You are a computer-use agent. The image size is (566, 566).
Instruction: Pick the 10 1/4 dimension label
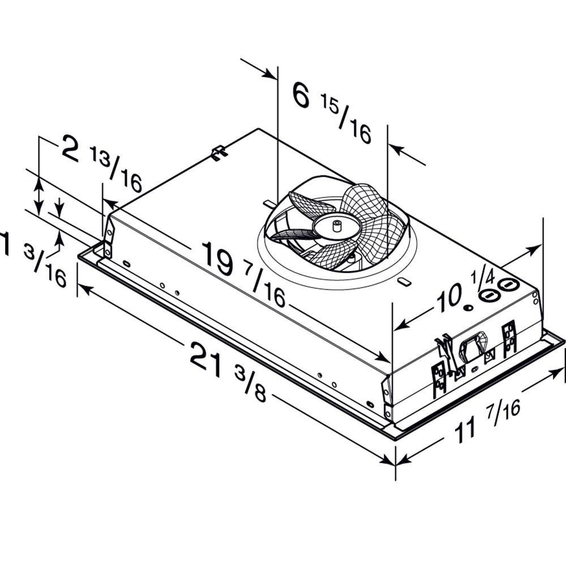(464, 291)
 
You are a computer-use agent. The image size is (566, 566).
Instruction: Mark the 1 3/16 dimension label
(34, 258)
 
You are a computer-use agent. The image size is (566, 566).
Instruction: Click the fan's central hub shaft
(337, 226)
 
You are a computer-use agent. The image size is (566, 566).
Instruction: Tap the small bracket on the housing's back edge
(218, 152)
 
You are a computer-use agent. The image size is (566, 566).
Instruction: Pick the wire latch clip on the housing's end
(444, 349)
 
